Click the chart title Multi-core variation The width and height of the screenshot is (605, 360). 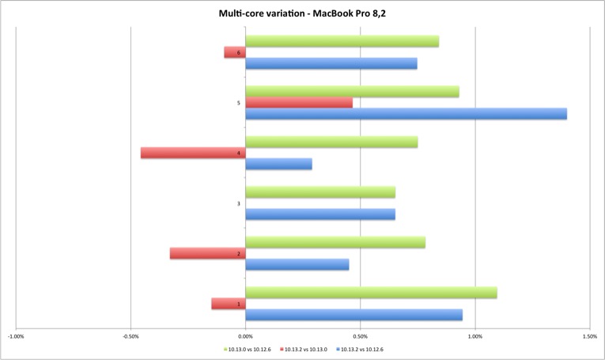pyautogui.click(x=302, y=13)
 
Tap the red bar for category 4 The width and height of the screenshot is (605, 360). pyautogui.click(x=193, y=153)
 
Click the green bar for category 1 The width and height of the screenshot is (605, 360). pyautogui.click(x=371, y=293)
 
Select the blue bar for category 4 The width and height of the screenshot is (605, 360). pyautogui.click(x=278, y=164)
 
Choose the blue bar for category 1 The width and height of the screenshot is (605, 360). pyautogui.click(x=354, y=315)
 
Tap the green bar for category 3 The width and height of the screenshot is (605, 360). pyautogui.click(x=320, y=192)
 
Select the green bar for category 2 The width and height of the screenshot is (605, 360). pyautogui.click(x=335, y=242)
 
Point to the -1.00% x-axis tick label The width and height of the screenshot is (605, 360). pyautogui.click(x=15, y=335)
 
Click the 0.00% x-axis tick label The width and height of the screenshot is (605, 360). pyautogui.click(x=245, y=335)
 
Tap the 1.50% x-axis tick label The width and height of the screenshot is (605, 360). pyautogui.click(x=589, y=335)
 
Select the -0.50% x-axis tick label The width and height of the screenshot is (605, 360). pyautogui.click(x=130, y=335)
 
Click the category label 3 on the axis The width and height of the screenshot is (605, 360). pyautogui.click(x=238, y=204)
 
